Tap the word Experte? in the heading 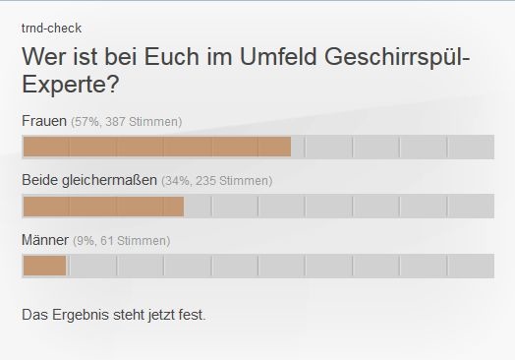70,86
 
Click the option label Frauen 43,121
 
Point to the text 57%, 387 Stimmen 126,122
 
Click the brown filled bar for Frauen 156,147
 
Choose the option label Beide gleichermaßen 88,180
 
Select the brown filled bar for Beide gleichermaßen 103,207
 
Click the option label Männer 45,240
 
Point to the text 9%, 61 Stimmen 121,241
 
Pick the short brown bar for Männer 44,266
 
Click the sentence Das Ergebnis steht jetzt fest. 113,315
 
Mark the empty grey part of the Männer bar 280,266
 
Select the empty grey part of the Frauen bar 393,147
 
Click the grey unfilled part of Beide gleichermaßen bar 339,207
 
